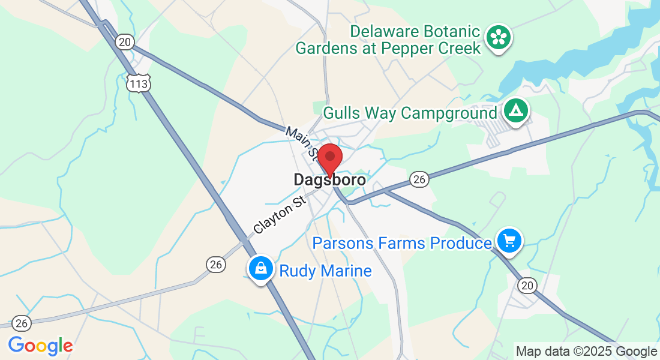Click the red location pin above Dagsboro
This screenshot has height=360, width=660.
pyautogui.click(x=329, y=158)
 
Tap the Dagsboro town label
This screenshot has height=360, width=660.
pyautogui.click(x=329, y=179)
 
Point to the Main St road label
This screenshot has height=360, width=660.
pyautogui.click(x=302, y=142)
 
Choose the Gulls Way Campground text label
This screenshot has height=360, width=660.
pyautogui.click(x=410, y=113)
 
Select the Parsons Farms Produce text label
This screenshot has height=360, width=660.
pyautogui.click(x=402, y=243)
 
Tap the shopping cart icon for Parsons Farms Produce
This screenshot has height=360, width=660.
pyautogui.click(x=509, y=241)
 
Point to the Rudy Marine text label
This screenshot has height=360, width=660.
pyautogui.click(x=325, y=271)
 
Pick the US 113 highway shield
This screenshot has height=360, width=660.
pyautogui.click(x=138, y=83)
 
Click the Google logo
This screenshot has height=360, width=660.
pyautogui.click(x=40, y=346)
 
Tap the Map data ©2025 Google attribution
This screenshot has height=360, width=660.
pyautogui.click(x=586, y=351)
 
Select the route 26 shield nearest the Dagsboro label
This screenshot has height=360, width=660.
pyautogui.click(x=418, y=179)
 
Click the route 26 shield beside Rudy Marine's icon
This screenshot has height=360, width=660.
pyautogui.click(x=215, y=263)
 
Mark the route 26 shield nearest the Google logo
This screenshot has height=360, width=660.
pyautogui.click(x=22, y=323)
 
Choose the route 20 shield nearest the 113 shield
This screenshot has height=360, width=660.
pyautogui.click(x=125, y=41)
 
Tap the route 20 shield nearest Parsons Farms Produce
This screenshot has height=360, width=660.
pyautogui.click(x=528, y=286)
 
